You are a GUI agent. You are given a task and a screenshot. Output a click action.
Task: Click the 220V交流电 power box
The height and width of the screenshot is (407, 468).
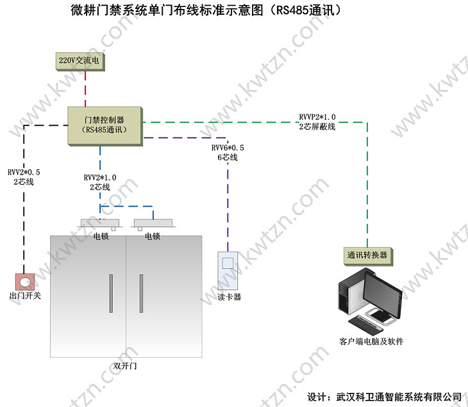tap(79, 61)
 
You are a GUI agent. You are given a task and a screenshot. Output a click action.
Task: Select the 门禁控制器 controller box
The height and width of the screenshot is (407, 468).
tap(104, 125)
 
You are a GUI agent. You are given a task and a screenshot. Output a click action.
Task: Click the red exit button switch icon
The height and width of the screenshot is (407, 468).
tap(25, 281)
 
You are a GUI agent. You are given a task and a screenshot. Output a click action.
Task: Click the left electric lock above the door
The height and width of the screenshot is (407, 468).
tap(100, 224)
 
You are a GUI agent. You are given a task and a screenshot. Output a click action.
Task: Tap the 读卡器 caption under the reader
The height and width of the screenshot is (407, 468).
tap(229, 297)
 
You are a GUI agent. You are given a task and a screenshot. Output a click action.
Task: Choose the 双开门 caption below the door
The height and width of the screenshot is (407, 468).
tap(125, 366)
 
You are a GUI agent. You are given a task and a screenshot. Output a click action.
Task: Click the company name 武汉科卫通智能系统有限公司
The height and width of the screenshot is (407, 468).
tap(398, 396)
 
